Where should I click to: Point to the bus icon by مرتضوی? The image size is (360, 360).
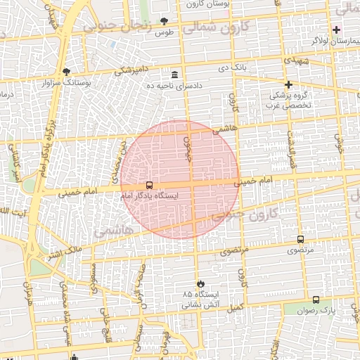(x=301, y=240)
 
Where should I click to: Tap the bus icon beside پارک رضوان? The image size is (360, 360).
(x=316, y=299)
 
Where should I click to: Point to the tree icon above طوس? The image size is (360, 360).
(x=165, y=22)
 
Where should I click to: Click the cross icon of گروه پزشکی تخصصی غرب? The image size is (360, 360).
(x=288, y=84)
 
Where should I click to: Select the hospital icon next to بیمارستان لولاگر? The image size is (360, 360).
(x=337, y=30)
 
